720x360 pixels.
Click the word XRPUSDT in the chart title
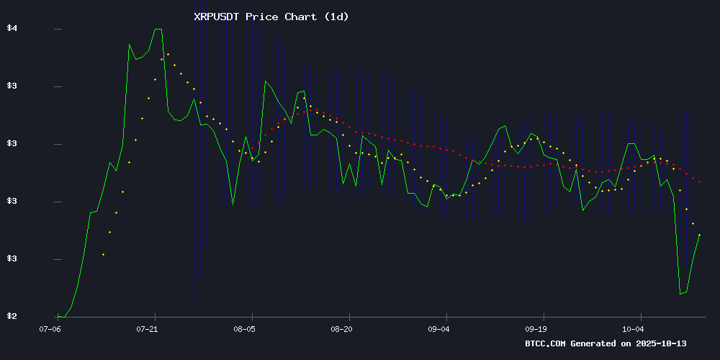(x=217, y=17)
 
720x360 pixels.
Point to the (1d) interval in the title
(x=333, y=17)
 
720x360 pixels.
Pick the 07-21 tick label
(x=147, y=328)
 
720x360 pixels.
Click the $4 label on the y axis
(x=12, y=29)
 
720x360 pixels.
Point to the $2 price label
(x=12, y=316)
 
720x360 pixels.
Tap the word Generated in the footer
(x=595, y=343)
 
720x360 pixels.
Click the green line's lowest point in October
(x=680, y=294)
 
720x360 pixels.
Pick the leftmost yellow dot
(x=103, y=254)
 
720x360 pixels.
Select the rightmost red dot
(x=700, y=181)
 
